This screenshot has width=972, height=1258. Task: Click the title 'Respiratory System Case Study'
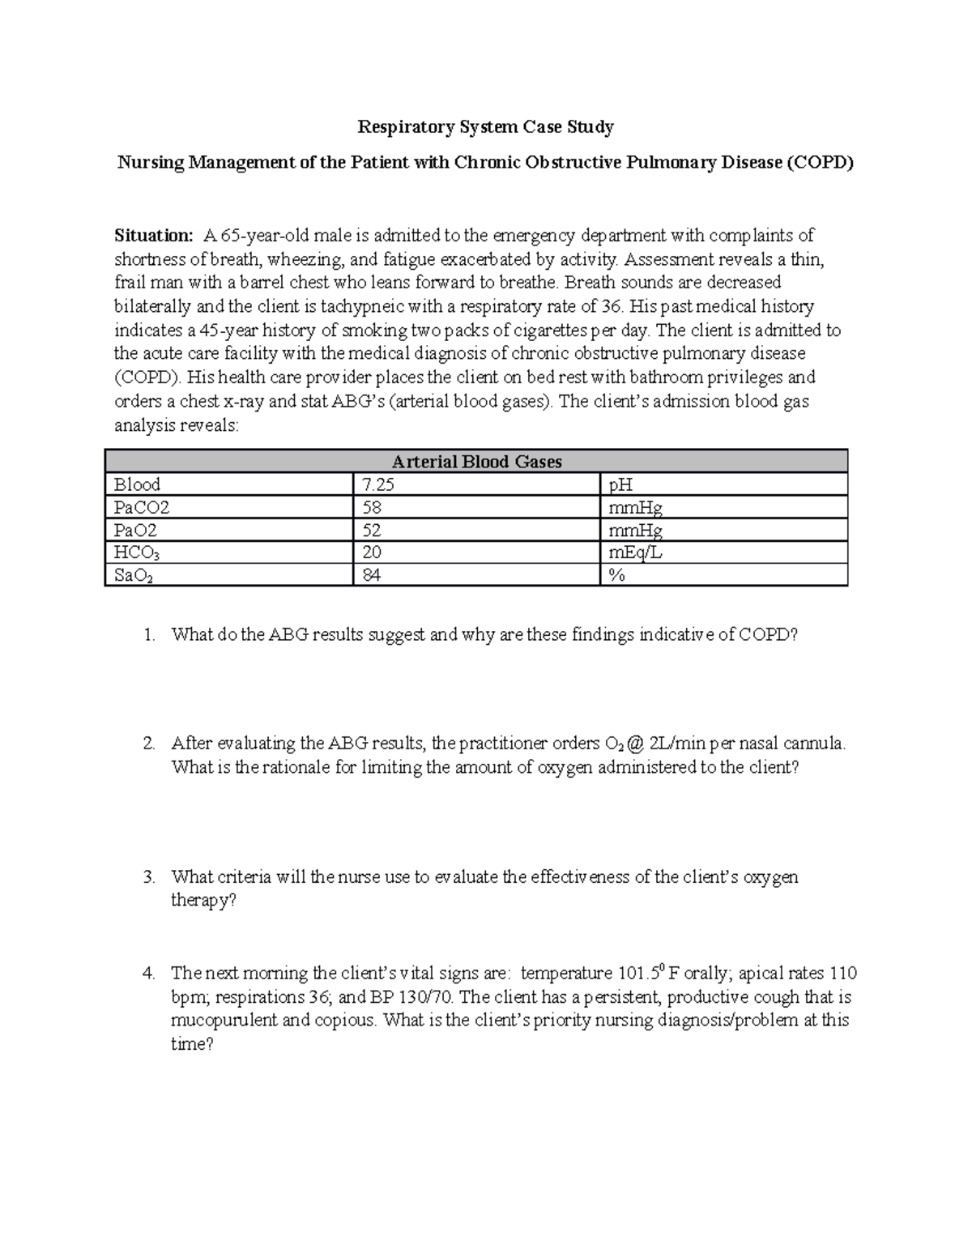tap(486, 127)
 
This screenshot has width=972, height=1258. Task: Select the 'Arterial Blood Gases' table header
tap(476, 462)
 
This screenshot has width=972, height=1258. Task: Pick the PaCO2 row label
tap(142, 508)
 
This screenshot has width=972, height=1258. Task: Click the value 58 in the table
tap(373, 508)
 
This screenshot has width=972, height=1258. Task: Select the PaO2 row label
tap(136, 531)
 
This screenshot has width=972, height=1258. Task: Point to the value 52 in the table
tap(373, 531)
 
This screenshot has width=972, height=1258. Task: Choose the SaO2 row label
tap(132, 575)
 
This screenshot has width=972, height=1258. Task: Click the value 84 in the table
tap(373, 575)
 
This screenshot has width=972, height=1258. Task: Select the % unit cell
tap(615, 575)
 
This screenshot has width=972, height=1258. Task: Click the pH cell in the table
tap(620, 484)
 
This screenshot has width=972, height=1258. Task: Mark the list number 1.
tap(147, 635)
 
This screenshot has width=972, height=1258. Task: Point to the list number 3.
tap(147, 877)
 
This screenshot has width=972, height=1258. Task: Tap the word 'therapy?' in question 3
tap(203, 901)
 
